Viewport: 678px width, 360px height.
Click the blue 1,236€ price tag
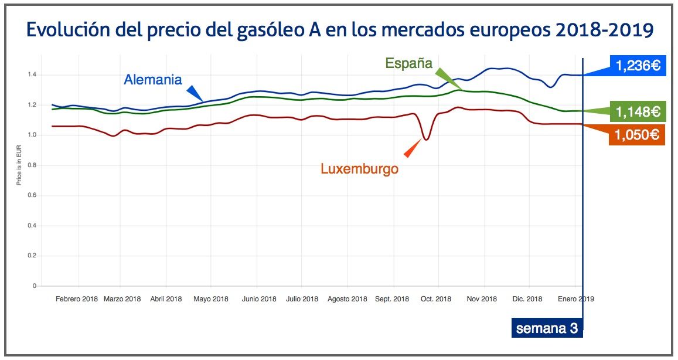[638, 66]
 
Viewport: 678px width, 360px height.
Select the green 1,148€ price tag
[638, 110]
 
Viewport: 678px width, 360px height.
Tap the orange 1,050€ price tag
[638, 135]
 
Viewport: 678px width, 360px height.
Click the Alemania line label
[153, 80]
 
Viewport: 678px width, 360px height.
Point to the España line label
[408, 63]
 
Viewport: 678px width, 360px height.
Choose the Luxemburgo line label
[359, 169]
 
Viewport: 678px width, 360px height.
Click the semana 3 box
[547, 328]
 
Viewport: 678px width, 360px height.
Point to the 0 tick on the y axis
[35, 286]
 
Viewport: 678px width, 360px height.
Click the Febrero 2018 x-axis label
[77, 299]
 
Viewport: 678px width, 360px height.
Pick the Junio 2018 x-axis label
[258, 299]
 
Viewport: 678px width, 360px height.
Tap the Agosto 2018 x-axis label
[347, 299]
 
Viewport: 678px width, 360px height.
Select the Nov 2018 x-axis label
[481, 299]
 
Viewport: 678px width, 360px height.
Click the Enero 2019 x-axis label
[576, 299]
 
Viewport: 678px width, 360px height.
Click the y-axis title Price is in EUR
[19, 166]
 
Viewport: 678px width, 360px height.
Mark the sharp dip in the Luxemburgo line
[426, 139]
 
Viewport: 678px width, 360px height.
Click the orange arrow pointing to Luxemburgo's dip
[413, 148]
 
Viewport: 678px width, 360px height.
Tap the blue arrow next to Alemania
[194, 93]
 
